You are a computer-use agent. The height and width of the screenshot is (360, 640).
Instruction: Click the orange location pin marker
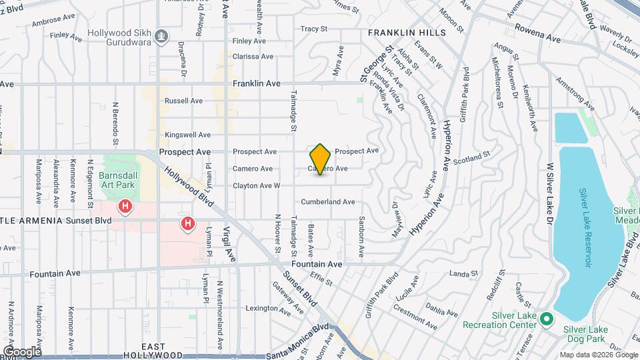click(321, 159)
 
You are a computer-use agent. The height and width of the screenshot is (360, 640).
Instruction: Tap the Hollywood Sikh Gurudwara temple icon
click(161, 35)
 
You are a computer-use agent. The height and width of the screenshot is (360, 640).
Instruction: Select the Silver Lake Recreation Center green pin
click(546, 319)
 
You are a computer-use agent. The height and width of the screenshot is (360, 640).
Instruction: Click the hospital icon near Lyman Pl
click(189, 224)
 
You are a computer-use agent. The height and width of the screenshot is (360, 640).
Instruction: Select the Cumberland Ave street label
click(327, 201)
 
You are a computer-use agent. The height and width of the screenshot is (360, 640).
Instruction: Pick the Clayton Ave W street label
click(257, 185)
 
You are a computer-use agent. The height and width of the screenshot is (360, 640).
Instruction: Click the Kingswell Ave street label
click(187, 135)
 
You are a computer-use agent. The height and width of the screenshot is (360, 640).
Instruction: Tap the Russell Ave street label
click(183, 101)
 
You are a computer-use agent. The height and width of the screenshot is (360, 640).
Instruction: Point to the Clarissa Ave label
click(249, 57)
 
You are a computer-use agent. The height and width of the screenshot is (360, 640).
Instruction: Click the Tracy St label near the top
click(314, 29)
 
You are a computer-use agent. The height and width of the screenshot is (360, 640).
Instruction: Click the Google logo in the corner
click(21, 351)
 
